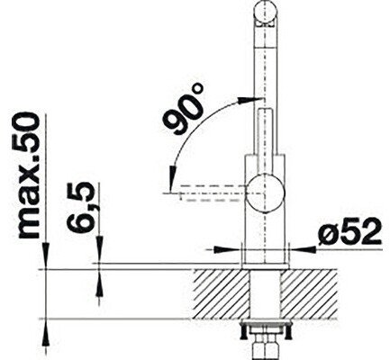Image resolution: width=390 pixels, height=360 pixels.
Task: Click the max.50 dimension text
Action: click(x=29, y=176)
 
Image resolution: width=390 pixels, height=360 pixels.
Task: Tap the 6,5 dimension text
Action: click(x=80, y=207)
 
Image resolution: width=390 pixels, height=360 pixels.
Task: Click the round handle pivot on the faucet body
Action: click(x=265, y=193)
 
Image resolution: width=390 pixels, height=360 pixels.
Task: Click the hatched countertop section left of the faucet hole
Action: click(x=222, y=293)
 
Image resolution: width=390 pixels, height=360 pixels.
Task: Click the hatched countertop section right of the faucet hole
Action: click(x=309, y=293)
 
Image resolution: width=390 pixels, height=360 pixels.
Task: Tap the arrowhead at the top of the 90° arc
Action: click(x=246, y=100)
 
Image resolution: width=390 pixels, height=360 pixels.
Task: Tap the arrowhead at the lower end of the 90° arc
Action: click(x=172, y=177)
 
